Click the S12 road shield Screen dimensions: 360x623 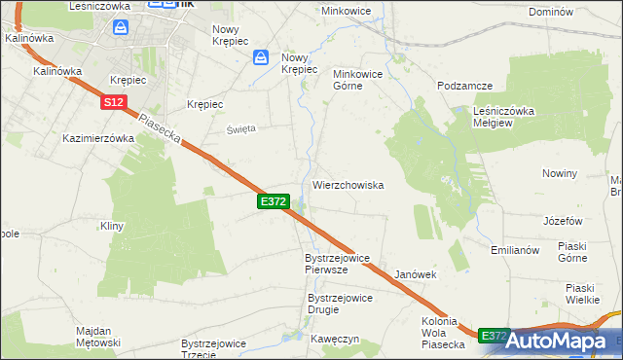(x=113, y=101)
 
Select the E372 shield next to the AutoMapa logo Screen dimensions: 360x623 (x=495, y=336)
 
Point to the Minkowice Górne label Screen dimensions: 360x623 (x=361, y=80)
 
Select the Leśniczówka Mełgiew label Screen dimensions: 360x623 (x=504, y=116)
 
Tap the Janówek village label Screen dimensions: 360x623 (x=416, y=275)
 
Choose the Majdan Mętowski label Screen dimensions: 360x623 (x=98, y=337)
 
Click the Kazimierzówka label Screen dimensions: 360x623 (x=97, y=138)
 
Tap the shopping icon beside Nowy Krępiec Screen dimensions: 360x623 (x=261, y=59)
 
